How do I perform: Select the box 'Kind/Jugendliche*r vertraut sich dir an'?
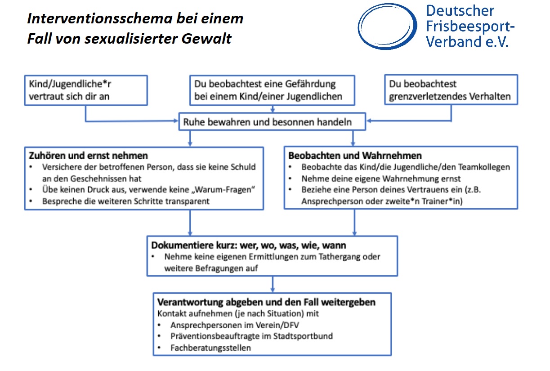[85, 90]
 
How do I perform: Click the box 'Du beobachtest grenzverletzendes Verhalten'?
[451, 90]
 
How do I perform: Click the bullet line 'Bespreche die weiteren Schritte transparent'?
[126, 201]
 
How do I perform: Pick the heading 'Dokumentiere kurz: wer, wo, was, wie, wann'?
[249, 246]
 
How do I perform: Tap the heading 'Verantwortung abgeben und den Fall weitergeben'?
[266, 302]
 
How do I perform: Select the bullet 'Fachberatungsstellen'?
[210, 348]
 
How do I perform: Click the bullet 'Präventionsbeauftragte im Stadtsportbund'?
[251, 336]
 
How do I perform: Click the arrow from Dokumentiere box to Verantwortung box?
[273, 284]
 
